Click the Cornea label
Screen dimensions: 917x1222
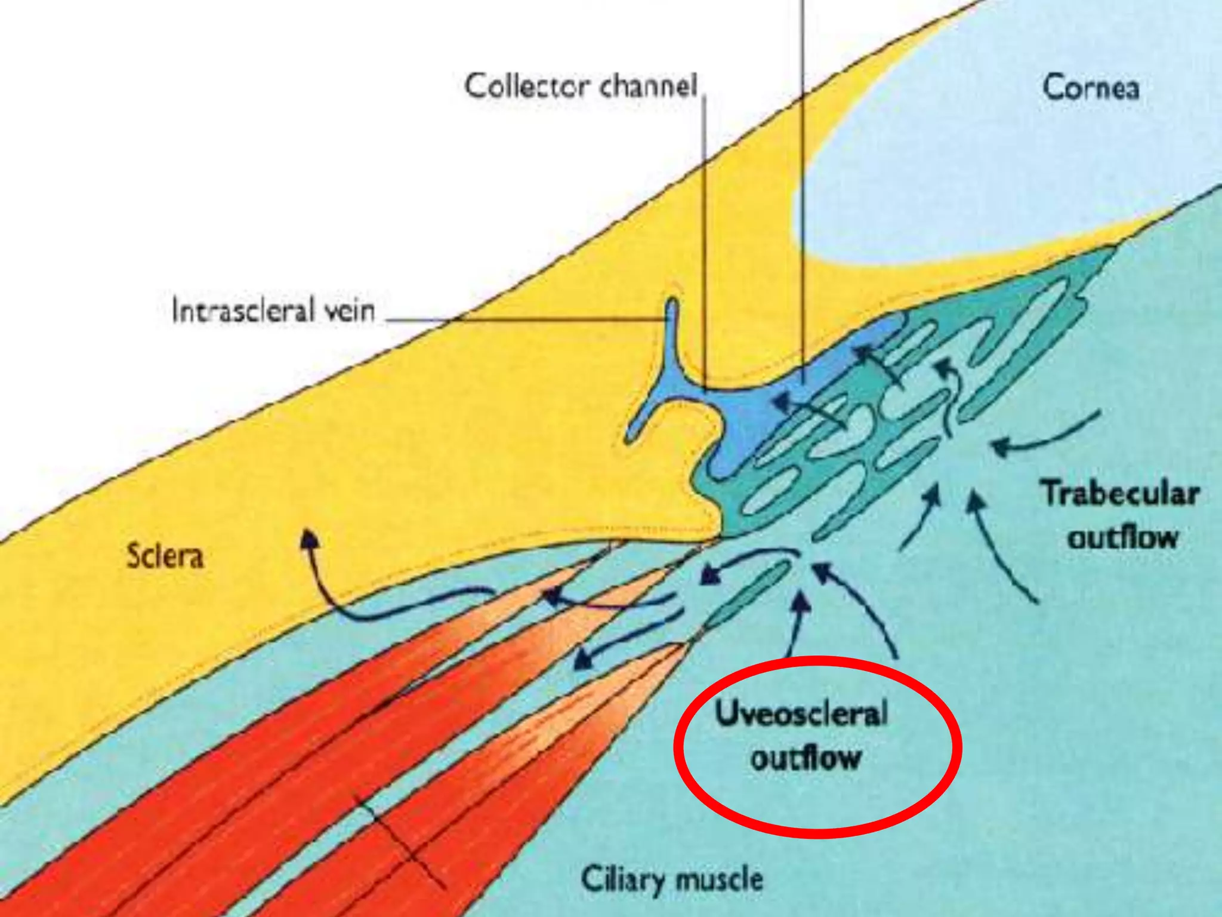coord(1091,88)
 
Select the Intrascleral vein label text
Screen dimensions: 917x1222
coord(273,311)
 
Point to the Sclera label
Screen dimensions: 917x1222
coord(165,556)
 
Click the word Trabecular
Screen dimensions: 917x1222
coord(1121,494)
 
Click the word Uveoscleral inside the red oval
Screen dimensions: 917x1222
coord(801,714)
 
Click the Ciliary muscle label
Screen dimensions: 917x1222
coord(672,879)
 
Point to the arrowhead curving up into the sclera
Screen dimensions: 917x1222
coord(308,537)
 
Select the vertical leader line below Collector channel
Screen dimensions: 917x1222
coord(705,239)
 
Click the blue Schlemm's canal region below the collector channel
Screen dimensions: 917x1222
coord(746,418)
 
